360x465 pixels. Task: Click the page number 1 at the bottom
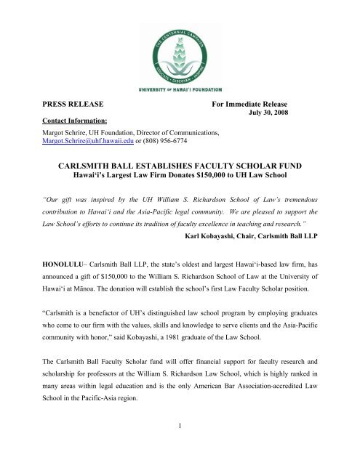point(179,445)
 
